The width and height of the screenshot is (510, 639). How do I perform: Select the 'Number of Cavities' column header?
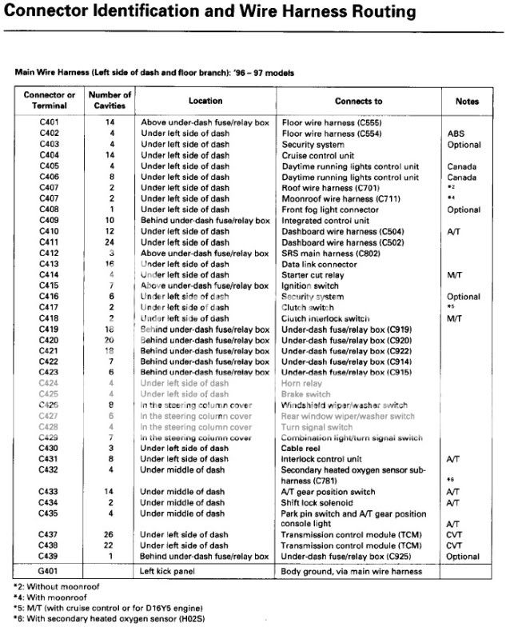[110, 101]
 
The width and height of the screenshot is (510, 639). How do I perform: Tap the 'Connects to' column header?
[359, 102]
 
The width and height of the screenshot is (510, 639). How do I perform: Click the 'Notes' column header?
[467, 102]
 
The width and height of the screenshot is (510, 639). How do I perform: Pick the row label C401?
[50, 122]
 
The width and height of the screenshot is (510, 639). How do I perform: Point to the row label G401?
[50, 571]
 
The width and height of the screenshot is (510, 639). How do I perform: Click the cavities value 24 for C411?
[110, 242]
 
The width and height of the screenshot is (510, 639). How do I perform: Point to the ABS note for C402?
[457, 134]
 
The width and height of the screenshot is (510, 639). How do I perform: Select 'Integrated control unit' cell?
[325, 220]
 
